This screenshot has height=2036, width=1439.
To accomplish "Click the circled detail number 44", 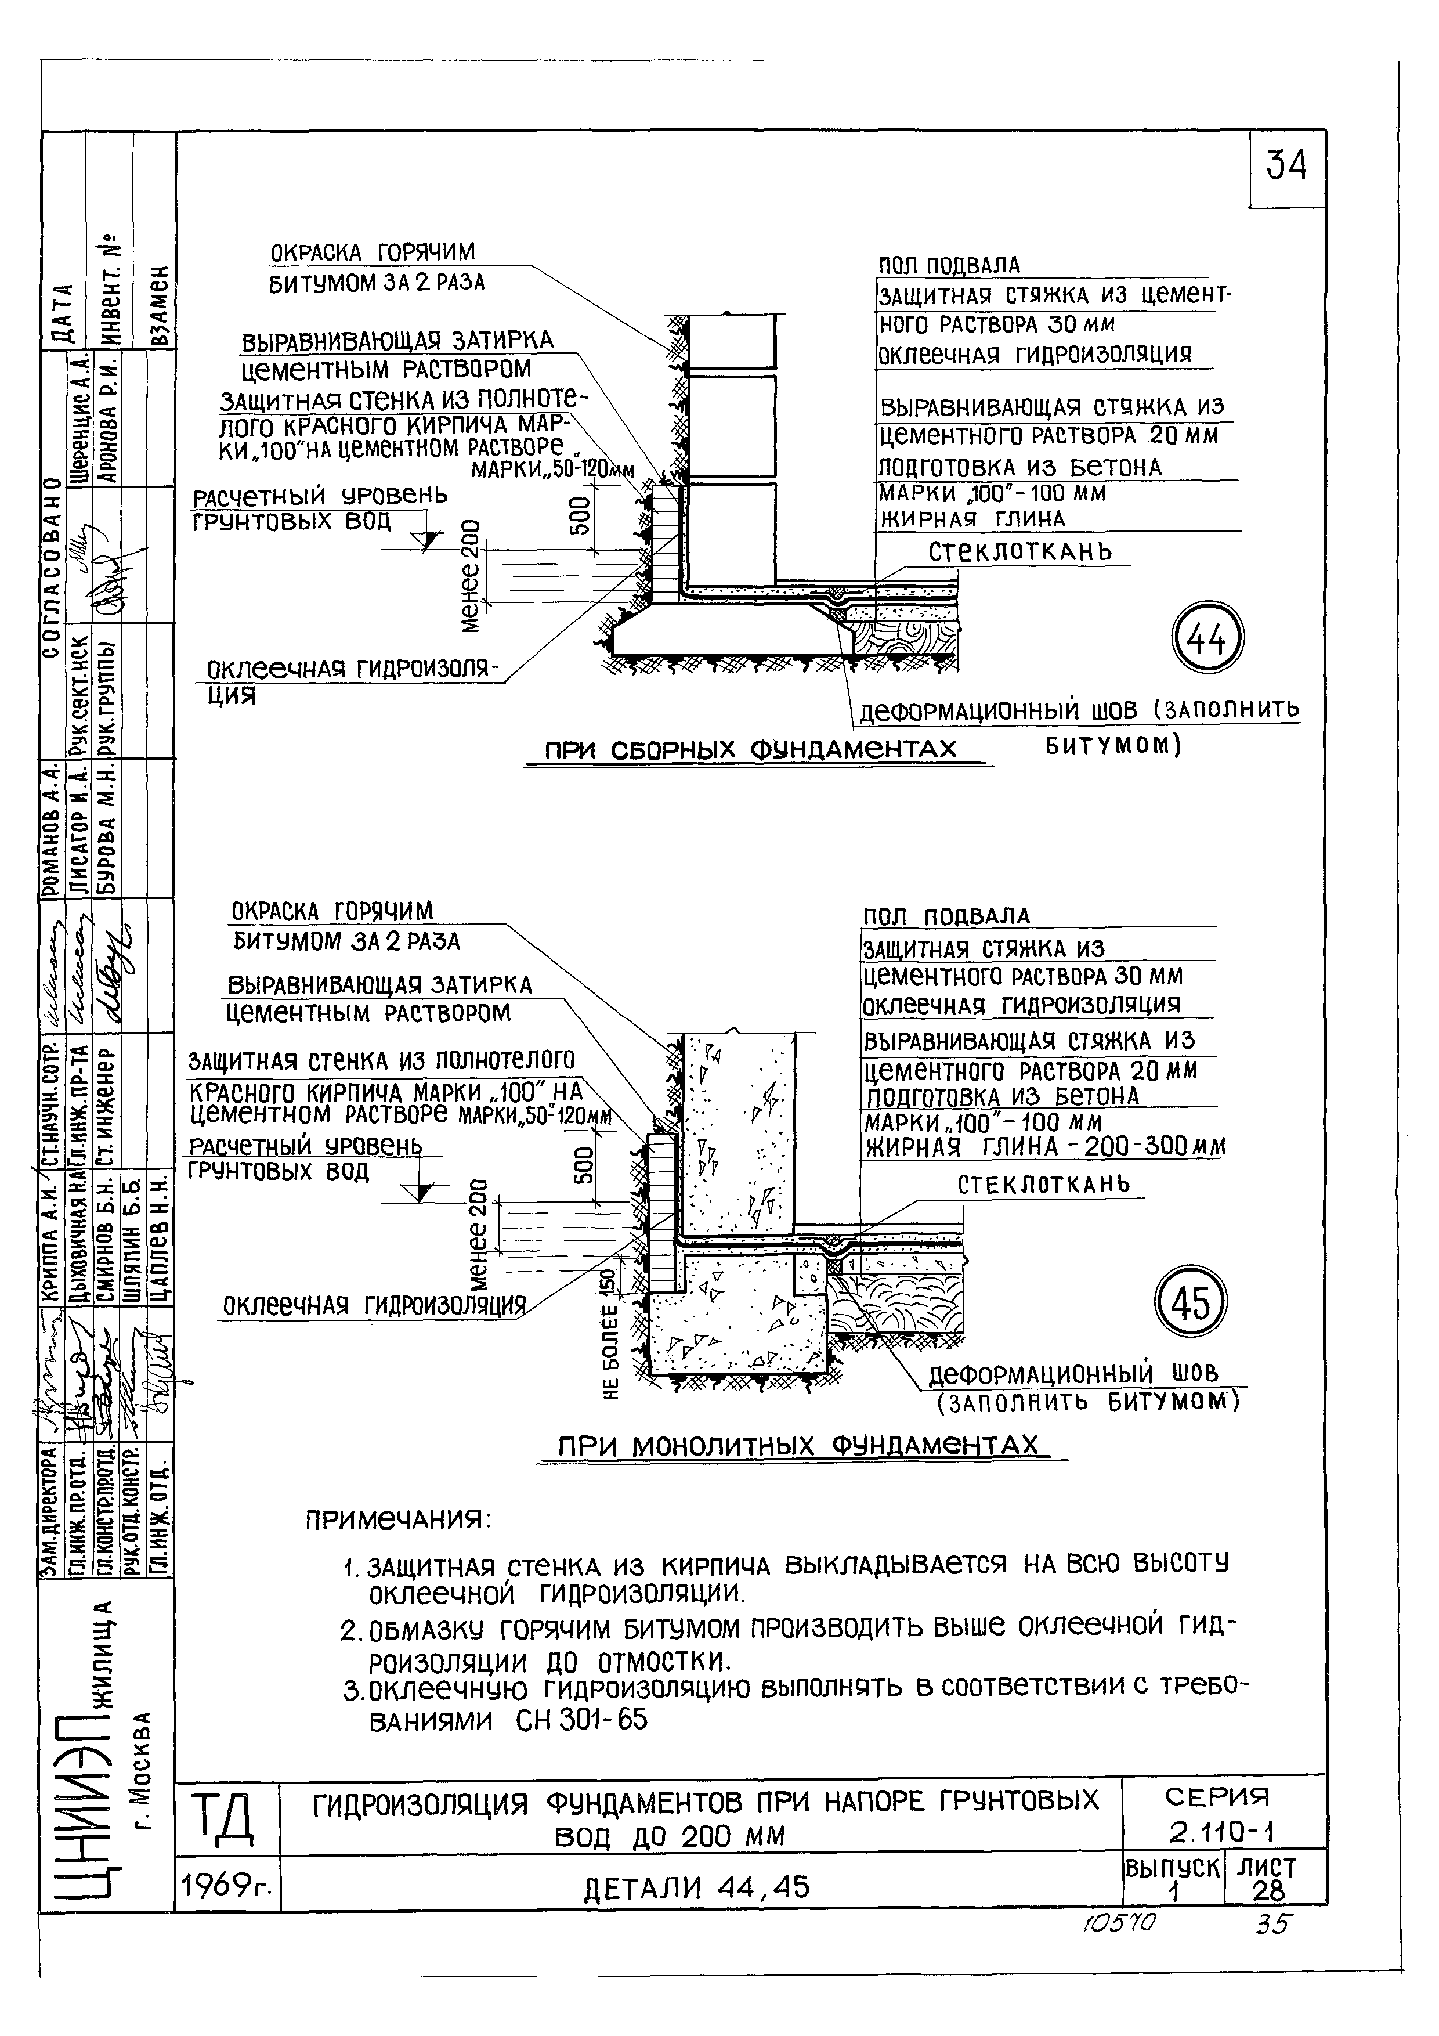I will tap(1209, 638).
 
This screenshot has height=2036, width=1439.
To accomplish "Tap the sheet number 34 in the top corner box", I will tap(1286, 166).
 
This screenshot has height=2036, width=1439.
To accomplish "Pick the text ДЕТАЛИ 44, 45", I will tap(696, 1889).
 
